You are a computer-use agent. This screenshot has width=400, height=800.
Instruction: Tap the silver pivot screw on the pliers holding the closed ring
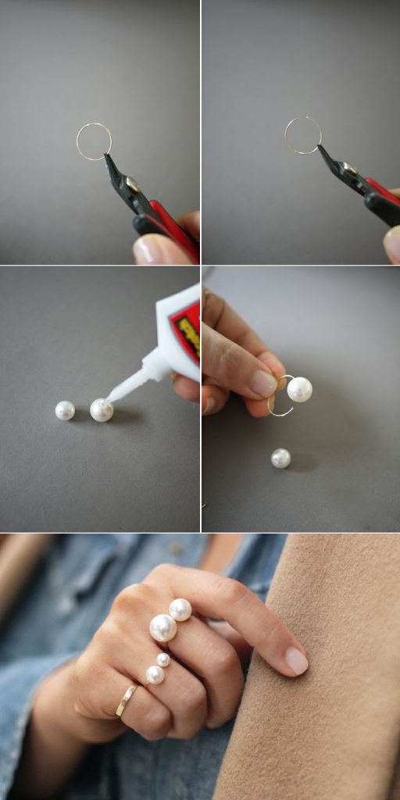click(132, 184)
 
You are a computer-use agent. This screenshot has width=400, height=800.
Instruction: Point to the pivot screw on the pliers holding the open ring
click(351, 170)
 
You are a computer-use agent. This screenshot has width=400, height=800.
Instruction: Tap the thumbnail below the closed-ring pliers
click(148, 250)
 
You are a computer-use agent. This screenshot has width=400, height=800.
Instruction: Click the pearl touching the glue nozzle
click(101, 410)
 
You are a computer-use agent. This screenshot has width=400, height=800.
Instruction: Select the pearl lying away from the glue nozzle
click(65, 410)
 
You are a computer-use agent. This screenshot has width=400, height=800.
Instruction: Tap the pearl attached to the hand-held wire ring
click(299, 389)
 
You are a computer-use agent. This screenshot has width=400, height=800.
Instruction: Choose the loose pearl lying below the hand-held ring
click(280, 459)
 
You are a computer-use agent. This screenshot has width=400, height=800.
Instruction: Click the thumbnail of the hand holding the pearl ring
click(262, 383)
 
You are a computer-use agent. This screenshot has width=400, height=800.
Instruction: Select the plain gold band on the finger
click(126, 700)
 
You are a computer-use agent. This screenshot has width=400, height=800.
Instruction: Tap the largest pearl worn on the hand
click(162, 628)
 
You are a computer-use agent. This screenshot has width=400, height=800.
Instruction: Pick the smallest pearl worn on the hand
click(163, 660)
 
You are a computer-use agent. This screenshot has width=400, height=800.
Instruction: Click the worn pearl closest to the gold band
click(155, 675)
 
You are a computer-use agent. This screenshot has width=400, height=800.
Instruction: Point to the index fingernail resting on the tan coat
click(296, 661)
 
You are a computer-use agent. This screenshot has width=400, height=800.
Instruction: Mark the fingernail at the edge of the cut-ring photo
click(392, 245)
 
